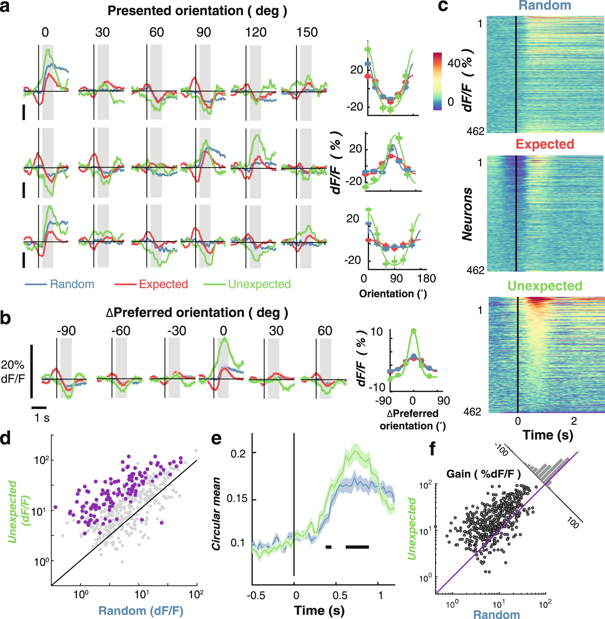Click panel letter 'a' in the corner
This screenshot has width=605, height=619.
[x=5, y=7]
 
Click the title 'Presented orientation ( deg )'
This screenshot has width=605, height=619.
[x=197, y=11]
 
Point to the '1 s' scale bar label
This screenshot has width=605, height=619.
[x=42, y=418]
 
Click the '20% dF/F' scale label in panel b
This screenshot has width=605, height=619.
[x=12, y=371]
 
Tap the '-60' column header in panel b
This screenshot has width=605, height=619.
[x=120, y=331]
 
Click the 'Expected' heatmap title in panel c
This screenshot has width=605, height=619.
[x=545, y=144]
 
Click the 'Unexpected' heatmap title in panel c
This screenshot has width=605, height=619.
[x=545, y=286]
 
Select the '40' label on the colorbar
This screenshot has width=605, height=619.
[x=454, y=63]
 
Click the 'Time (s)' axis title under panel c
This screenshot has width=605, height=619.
[x=548, y=435]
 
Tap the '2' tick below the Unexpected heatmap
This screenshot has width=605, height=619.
[x=574, y=421]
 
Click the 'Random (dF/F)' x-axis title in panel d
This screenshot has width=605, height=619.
[x=141, y=611]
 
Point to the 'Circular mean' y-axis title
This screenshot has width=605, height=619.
[x=216, y=514]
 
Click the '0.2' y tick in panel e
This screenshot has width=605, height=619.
[x=238, y=454]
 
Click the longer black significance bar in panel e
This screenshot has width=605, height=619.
[x=357, y=547]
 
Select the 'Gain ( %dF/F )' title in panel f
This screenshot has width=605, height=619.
[x=483, y=474]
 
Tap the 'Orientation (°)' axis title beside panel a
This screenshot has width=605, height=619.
[x=393, y=294]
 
